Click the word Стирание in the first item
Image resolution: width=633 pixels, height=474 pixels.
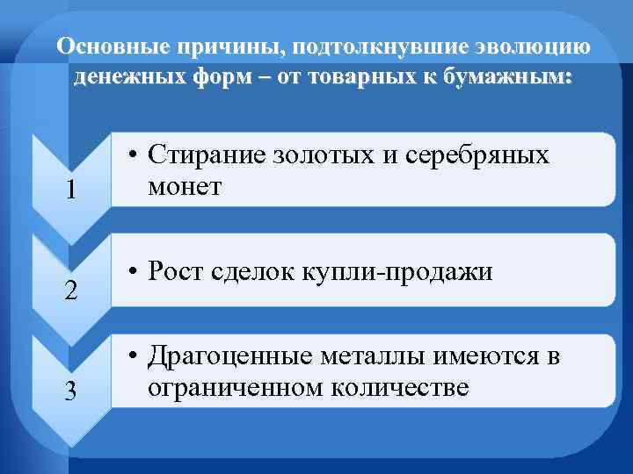[x=203, y=155]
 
